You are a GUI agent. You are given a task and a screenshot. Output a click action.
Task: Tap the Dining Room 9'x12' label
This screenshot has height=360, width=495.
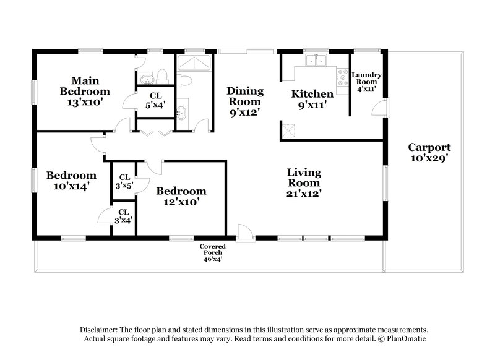coord(244,101)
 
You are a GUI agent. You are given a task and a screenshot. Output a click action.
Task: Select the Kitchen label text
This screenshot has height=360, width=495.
coord(312,100)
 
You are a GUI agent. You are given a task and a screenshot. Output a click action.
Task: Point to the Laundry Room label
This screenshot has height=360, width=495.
coord(367,82)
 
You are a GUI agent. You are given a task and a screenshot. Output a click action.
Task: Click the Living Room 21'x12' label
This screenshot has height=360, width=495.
coord(303,183)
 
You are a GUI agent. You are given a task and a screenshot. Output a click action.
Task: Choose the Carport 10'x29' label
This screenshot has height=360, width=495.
coord(429,153)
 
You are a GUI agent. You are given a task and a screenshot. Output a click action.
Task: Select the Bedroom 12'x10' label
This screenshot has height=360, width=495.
coord(180,196)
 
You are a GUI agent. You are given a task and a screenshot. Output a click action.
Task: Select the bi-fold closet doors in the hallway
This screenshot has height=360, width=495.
coord(152,132)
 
